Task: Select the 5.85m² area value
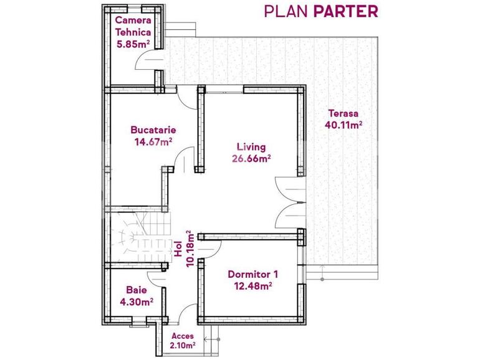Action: (x=133, y=45)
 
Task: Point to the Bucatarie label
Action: (x=153, y=130)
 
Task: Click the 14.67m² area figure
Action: (x=153, y=142)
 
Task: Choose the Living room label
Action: (x=251, y=148)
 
